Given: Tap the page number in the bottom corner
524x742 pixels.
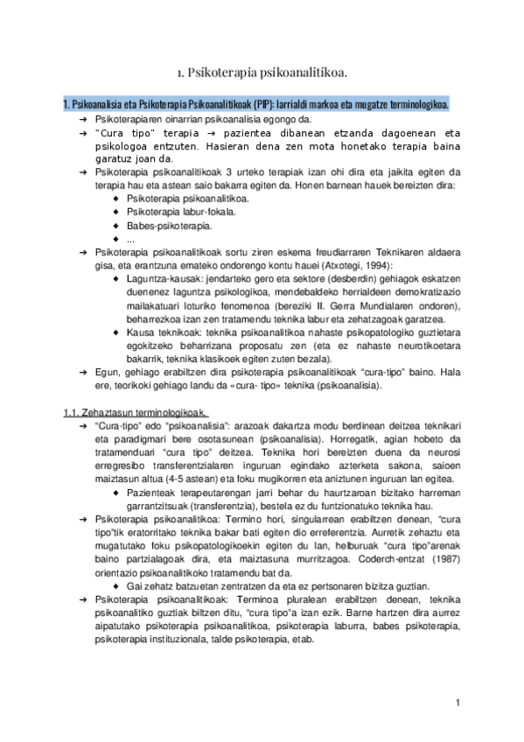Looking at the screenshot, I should coord(458,702).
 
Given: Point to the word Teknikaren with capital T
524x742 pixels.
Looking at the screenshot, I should coord(400,252).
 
